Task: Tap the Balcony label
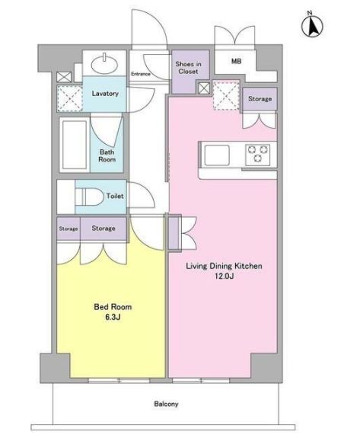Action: tap(166, 404)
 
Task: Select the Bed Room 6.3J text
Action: tap(113, 312)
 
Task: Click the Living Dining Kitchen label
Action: tap(224, 266)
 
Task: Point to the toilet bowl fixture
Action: tap(89, 197)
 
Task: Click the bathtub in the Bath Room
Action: tap(75, 145)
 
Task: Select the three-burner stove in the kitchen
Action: tap(257, 155)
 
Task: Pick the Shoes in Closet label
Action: tap(189, 68)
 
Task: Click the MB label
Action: tap(237, 61)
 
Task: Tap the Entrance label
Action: tap(141, 74)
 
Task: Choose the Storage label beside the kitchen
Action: tap(260, 98)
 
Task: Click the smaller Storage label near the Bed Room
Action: tap(68, 229)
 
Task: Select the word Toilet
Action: tap(115, 196)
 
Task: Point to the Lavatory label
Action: tap(105, 93)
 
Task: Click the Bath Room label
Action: tap(107, 156)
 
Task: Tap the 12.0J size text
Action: tap(224, 277)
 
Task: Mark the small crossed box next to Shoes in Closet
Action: tap(204, 88)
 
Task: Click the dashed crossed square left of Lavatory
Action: tap(69, 98)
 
